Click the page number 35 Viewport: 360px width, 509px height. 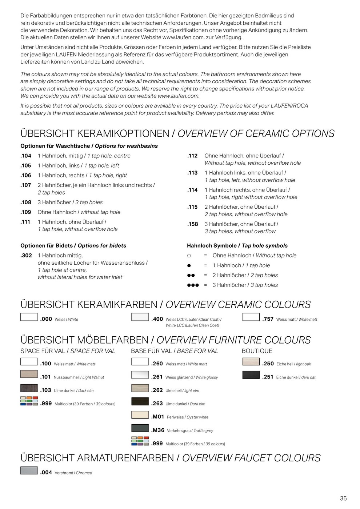(x=343, y=498)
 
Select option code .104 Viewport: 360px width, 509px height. (x=26, y=156)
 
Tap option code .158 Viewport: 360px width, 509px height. (x=193, y=224)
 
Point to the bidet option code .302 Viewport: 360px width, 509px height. (x=26, y=256)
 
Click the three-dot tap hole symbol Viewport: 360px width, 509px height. (x=193, y=285)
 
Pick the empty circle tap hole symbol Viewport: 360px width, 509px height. (x=189, y=256)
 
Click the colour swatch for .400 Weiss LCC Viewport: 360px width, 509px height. (x=140, y=317)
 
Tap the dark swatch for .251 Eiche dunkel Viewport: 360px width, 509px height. (x=251, y=375)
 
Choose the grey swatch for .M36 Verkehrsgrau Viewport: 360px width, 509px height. (x=140, y=428)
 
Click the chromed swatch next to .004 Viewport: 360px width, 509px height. (x=29, y=470)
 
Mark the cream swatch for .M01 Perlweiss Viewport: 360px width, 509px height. (x=140, y=415)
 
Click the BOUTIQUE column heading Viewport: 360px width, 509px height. (x=257, y=351)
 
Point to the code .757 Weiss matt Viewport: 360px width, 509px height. (x=268, y=319)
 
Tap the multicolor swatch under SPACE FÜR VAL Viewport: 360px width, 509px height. (x=29, y=401)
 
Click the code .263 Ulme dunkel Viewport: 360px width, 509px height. (x=157, y=404)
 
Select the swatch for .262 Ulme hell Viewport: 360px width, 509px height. (x=140, y=388)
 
